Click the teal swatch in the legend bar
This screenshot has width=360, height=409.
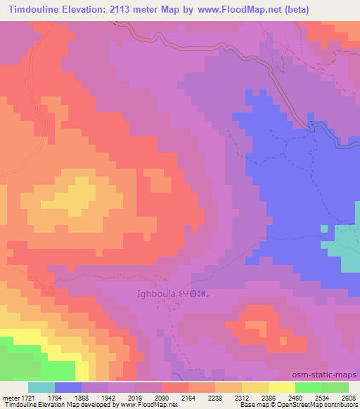[x=41, y=387]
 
